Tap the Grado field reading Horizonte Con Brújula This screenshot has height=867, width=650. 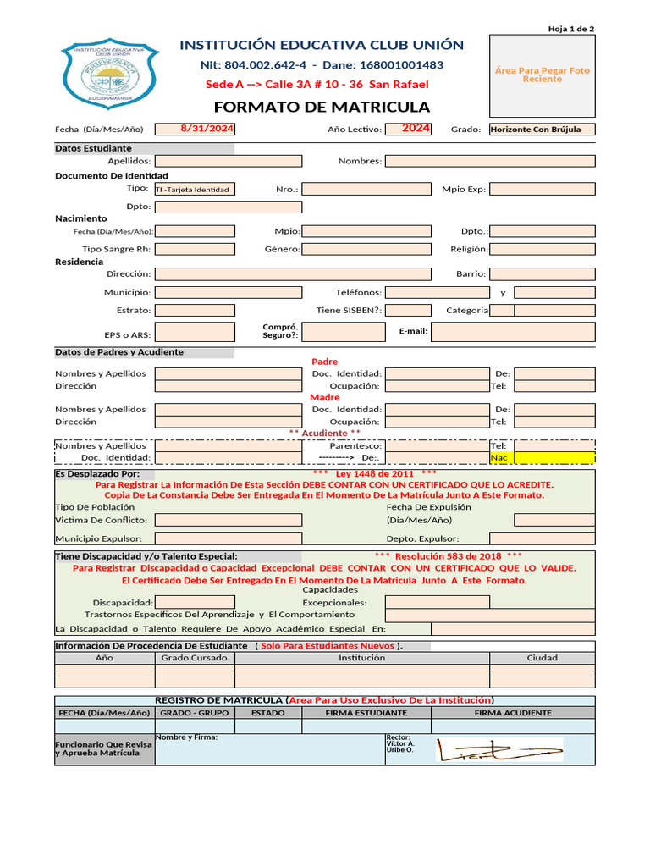(x=542, y=130)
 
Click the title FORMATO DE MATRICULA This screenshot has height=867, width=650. (x=322, y=107)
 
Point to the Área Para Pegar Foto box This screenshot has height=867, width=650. (x=543, y=75)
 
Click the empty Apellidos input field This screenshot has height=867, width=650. (x=228, y=160)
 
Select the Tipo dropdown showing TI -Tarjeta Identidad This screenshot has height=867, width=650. (x=196, y=190)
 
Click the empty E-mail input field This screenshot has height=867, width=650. (x=513, y=331)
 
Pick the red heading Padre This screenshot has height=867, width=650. (x=325, y=362)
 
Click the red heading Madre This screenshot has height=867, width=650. (x=325, y=397)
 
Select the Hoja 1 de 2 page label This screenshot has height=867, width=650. (x=571, y=29)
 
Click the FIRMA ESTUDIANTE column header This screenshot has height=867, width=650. (x=366, y=713)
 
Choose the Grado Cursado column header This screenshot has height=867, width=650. (x=195, y=657)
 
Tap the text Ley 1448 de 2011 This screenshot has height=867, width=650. (x=375, y=473)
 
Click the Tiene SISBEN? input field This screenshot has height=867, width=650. (x=408, y=310)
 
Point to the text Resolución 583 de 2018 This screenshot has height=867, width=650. (x=449, y=556)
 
